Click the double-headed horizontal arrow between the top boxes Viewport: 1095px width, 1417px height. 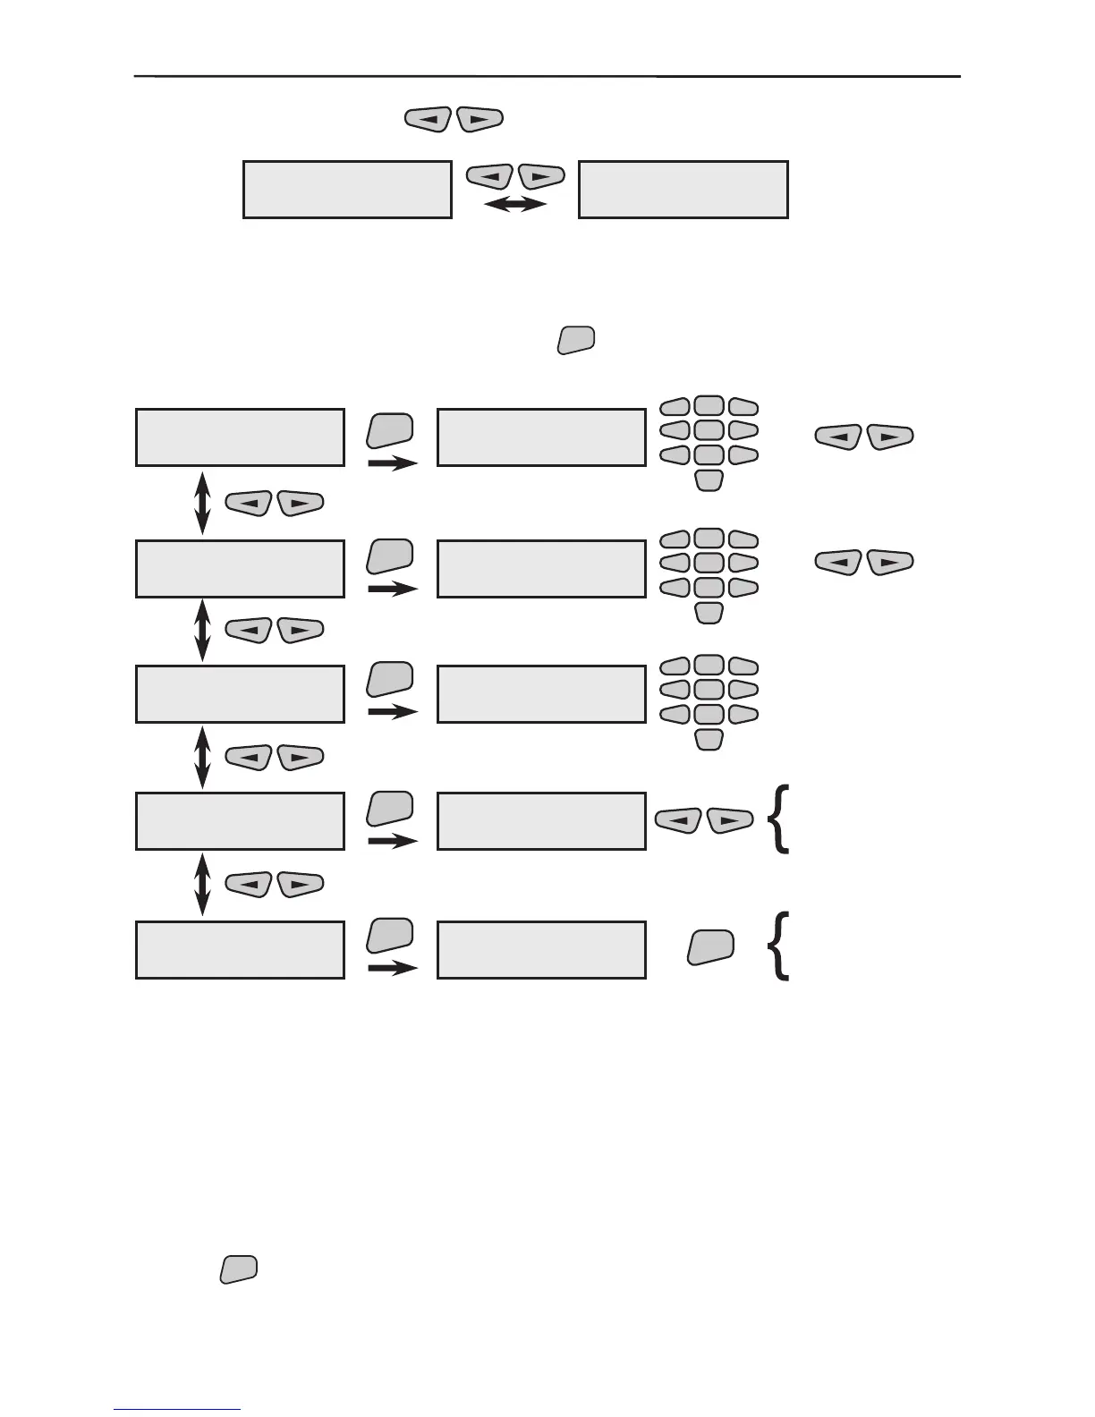(515, 205)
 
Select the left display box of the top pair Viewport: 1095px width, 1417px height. (347, 190)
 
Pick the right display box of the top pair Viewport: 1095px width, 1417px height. (683, 190)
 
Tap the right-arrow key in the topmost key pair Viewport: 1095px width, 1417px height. (480, 119)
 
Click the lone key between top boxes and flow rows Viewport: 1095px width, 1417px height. (577, 341)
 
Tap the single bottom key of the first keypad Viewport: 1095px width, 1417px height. (709, 481)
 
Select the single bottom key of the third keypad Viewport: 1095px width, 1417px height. (709, 740)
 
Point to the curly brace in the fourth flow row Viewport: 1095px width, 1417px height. (779, 819)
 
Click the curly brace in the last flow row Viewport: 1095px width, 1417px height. (779, 946)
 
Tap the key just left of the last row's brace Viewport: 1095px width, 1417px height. (711, 947)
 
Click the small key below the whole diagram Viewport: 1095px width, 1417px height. (239, 1269)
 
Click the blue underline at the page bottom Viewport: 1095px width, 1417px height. (177, 1410)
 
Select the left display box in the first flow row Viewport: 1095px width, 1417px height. (240, 437)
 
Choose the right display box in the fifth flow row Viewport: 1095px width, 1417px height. (541, 949)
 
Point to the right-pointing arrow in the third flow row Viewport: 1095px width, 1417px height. (393, 712)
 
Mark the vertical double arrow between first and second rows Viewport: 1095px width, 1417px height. (202, 503)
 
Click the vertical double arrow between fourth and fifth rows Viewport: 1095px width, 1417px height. (202, 884)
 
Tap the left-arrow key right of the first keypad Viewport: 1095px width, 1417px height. (838, 437)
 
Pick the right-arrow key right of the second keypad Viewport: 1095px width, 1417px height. (890, 563)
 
